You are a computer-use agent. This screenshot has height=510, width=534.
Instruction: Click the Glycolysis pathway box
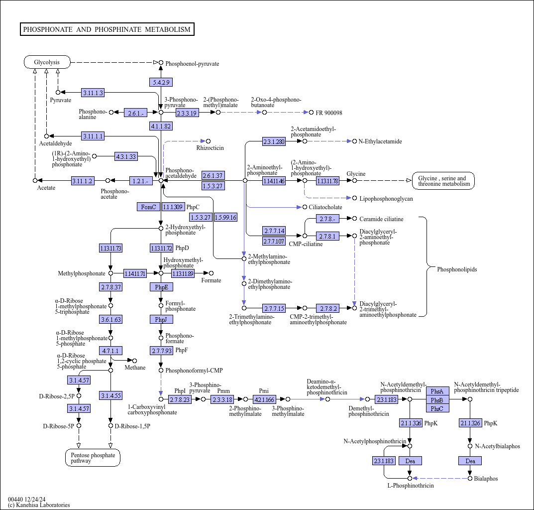pyautogui.click(x=47, y=62)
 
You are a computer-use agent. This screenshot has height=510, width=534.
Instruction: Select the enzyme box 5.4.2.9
pyautogui.click(x=161, y=82)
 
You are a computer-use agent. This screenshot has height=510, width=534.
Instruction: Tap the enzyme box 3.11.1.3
pyautogui.click(x=93, y=93)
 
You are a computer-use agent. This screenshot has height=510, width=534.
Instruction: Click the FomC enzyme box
pyautogui.click(x=148, y=207)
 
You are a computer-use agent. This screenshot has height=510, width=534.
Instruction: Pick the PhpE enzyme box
pyautogui.click(x=161, y=287)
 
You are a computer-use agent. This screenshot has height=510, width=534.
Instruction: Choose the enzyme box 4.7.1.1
pyautogui.click(x=110, y=351)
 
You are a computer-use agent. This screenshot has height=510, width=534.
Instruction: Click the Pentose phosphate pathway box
pyautogui.click(x=93, y=458)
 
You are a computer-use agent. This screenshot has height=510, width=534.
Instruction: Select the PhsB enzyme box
pyautogui.click(x=437, y=400)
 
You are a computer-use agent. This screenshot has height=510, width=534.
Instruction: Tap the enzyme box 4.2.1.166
pyautogui.click(x=264, y=399)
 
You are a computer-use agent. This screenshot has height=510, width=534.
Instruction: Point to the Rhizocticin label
pyautogui.click(x=210, y=147)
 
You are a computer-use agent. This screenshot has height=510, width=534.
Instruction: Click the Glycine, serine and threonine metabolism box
pyautogui.click(x=443, y=181)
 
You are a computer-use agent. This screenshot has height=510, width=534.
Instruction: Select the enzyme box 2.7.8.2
pyautogui.click(x=327, y=308)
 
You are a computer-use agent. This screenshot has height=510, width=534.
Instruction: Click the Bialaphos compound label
pyautogui.click(x=486, y=479)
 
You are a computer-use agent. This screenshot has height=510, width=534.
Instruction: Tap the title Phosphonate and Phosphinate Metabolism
pyautogui.click(x=107, y=29)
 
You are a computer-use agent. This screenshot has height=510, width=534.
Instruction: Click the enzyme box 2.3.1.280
pyautogui.click(x=274, y=141)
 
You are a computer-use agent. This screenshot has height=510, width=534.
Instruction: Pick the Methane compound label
pyautogui.click(x=135, y=368)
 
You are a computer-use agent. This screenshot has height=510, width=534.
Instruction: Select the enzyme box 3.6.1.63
pyautogui.click(x=110, y=319)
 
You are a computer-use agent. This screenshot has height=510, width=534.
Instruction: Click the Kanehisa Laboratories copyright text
pyautogui.click(x=39, y=505)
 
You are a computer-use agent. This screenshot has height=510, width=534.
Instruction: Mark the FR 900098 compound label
pyautogui.click(x=329, y=113)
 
